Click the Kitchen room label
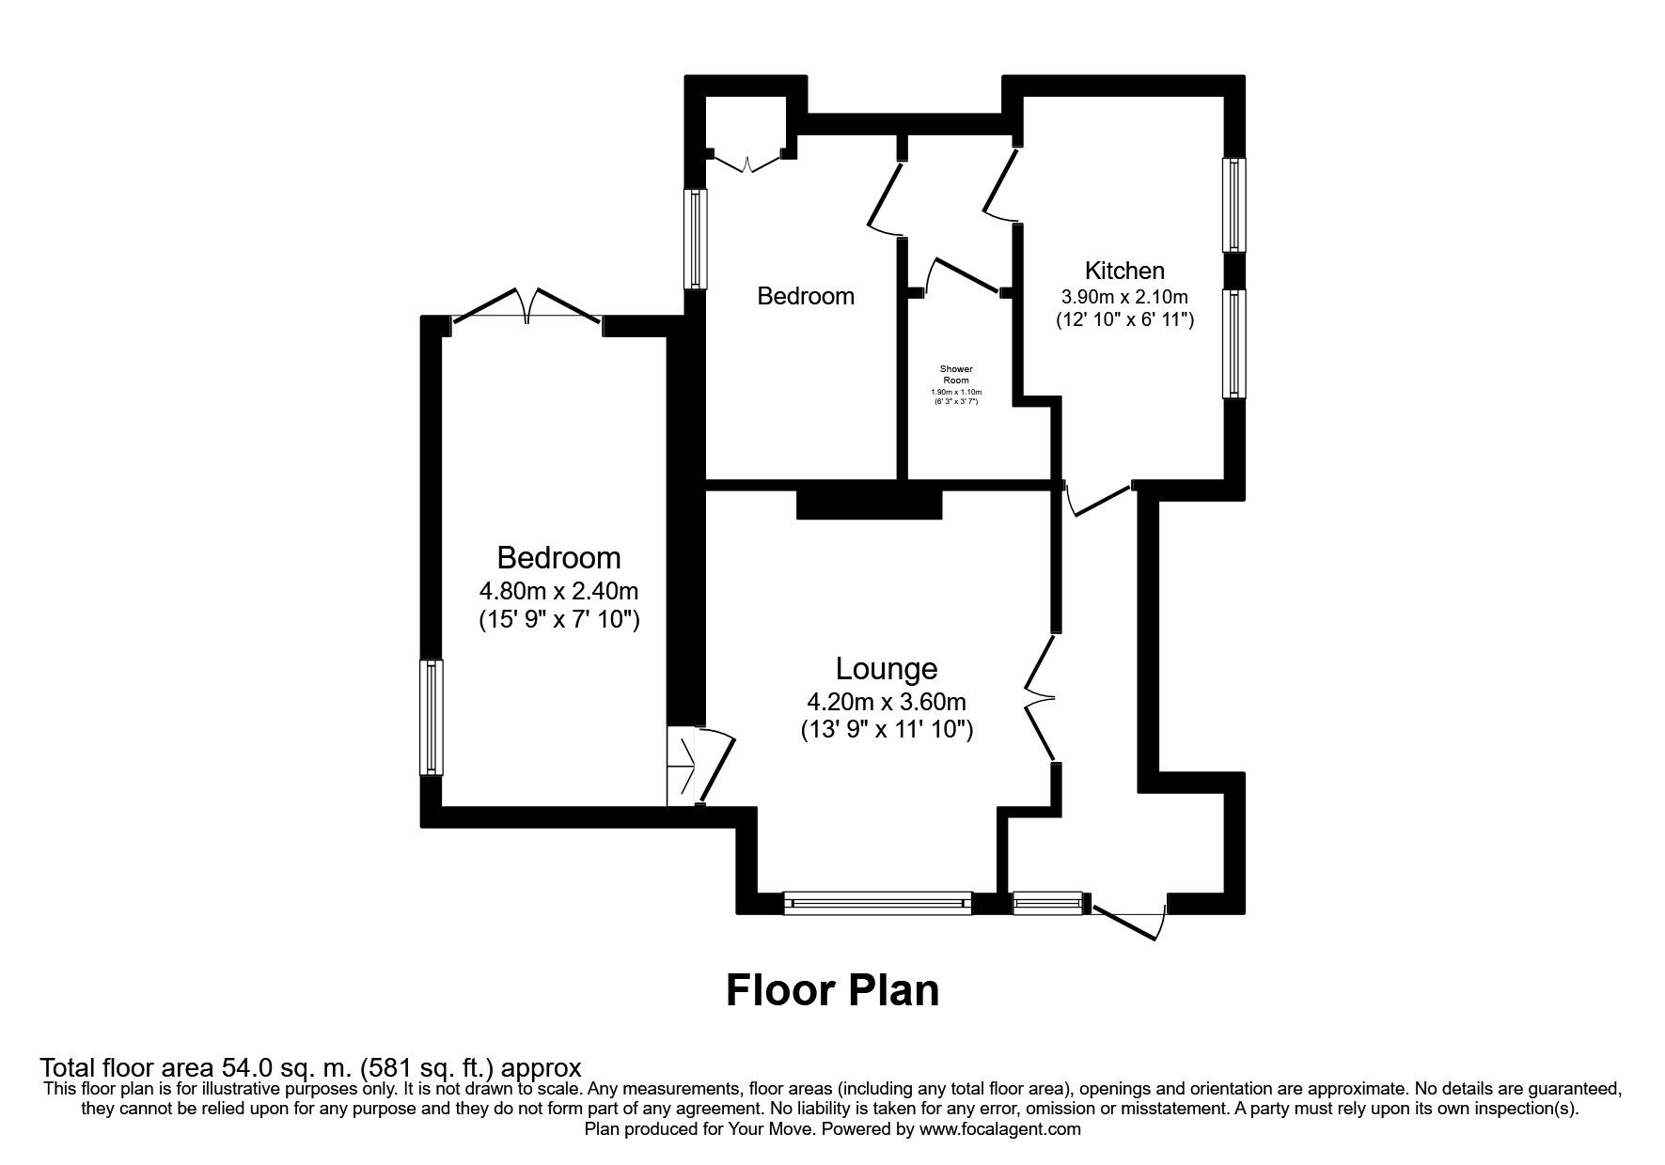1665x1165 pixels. click(x=1124, y=271)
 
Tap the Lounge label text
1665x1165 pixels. click(x=887, y=668)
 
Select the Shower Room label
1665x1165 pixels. click(x=956, y=374)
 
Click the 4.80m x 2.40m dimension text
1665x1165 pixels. click(x=558, y=591)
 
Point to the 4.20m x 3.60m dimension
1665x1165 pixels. click(x=887, y=701)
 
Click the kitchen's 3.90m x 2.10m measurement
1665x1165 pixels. click(x=1124, y=295)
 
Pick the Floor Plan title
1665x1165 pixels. click(x=832, y=990)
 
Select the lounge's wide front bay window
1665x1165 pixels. click(x=878, y=903)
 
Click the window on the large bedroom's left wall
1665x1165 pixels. click(x=431, y=717)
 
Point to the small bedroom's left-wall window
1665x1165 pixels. click(x=695, y=239)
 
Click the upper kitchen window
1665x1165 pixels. click(x=1233, y=205)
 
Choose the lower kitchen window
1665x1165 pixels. click(x=1233, y=342)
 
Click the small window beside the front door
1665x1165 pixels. click(x=1047, y=903)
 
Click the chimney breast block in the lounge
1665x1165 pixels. click(x=869, y=503)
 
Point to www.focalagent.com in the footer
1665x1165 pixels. click(x=999, y=1129)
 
